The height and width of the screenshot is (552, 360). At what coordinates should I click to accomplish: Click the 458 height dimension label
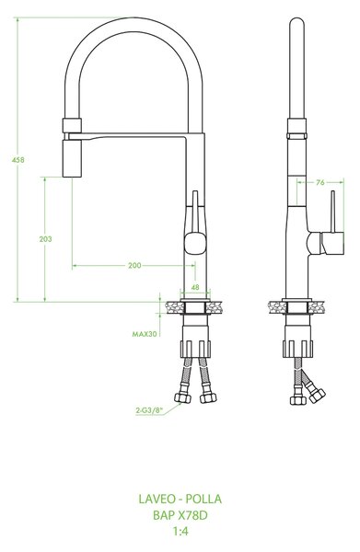click(x=18, y=159)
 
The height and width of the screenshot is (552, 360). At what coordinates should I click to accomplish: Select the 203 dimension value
click(x=45, y=239)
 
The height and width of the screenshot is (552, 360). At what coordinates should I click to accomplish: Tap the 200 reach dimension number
click(x=134, y=265)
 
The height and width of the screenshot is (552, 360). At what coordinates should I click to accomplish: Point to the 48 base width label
click(x=195, y=287)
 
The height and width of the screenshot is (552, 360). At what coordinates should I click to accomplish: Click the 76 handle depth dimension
click(x=319, y=182)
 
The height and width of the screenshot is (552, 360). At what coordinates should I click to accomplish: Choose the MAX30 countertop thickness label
click(x=145, y=334)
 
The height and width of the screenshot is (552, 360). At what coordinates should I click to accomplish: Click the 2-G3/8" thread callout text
click(x=150, y=409)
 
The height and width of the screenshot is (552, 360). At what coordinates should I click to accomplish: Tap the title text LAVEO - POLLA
click(x=180, y=499)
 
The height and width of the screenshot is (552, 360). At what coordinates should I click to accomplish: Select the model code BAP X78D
click(x=180, y=515)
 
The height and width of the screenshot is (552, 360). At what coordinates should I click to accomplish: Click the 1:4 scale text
click(x=180, y=531)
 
